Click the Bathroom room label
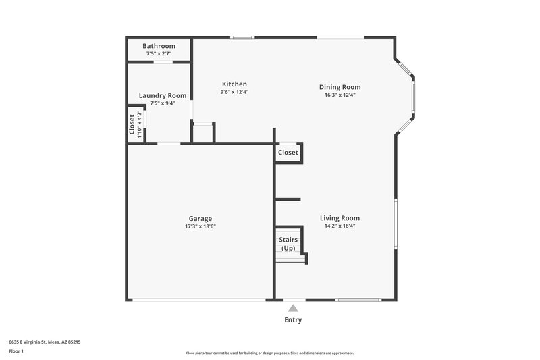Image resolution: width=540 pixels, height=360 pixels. click(x=159, y=46)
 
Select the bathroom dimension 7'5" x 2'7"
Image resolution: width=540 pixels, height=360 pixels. click(x=159, y=53)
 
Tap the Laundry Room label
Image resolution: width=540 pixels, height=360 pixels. click(x=163, y=96)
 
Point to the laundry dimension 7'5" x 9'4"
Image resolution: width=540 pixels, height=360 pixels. click(x=163, y=103)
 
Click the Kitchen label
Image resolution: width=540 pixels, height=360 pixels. click(x=234, y=84)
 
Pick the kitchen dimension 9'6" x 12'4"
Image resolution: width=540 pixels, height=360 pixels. click(x=234, y=92)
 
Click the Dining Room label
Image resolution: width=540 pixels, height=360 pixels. click(x=340, y=87)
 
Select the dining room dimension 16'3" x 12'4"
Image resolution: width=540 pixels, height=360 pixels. click(x=340, y=95)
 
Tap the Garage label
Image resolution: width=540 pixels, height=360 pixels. click(x=200, y=219)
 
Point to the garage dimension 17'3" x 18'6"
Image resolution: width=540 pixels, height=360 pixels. click(x=200, y=226)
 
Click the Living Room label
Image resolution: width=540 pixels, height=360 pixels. click(x=340, y=218)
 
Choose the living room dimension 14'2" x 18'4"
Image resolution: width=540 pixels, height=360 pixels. click(x=340, y=226)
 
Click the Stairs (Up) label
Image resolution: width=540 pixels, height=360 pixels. click(x=288, y=244)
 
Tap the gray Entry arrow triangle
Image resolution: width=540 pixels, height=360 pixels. click(x=293, y=308)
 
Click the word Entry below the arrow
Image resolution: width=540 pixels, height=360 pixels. click(x=293, y=320)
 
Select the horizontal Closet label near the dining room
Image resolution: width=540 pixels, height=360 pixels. click(x=288, y=153)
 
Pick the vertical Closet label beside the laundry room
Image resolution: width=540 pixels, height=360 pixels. click(x=132, y=124)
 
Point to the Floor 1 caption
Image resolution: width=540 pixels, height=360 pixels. click(x=16, y=351)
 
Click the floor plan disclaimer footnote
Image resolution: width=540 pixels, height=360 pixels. click(x=269, y=353)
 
